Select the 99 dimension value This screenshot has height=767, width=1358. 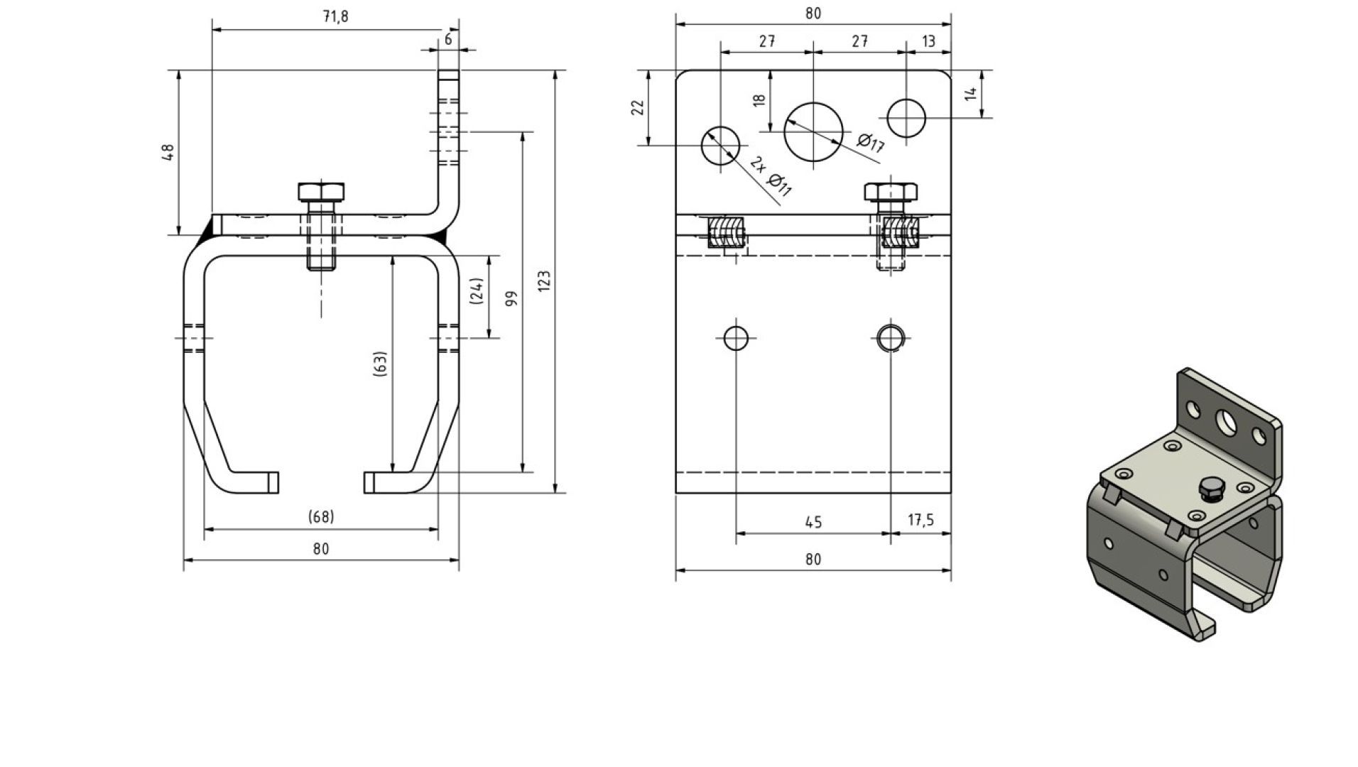tap(511, 298)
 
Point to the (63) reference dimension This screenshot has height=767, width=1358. tap(381, 363)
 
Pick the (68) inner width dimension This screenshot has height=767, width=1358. tap(321, 517)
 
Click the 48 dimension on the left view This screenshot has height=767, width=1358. tap(168, 152)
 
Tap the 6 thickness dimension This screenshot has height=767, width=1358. tap(448, 40)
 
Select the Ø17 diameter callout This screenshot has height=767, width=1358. tap(870, 143)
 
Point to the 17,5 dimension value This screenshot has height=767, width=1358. tap(920, 521)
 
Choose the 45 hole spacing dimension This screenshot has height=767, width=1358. tap(813, 523)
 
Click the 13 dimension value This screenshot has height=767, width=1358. tap(928, 41)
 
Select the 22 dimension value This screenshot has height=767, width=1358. tap(638, 107)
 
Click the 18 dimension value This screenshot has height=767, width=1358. tap(759, 100)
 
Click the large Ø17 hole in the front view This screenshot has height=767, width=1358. tap(813, 131)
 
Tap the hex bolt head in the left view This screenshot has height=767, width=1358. tap(321, 192)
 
